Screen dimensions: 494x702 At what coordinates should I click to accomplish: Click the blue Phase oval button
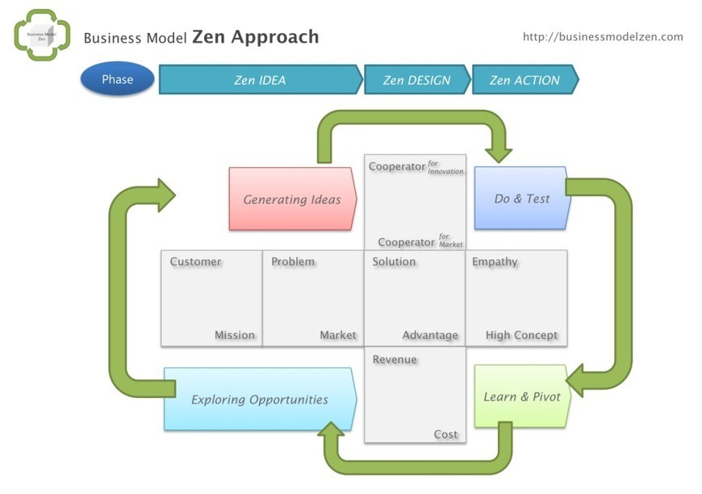(x=117, y=79)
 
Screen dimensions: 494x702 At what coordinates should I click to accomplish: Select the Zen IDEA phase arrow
(x=260, y=80)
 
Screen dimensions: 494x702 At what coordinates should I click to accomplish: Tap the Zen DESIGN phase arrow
(x=416, y=80)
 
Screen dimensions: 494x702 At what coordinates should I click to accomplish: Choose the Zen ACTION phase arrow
(x=524, y=80)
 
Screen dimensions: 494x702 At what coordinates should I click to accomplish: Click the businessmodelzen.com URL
(x=603, y=36)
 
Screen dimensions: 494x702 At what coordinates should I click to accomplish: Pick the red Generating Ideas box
(x=292, y=199)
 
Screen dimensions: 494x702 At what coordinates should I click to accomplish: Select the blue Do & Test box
(x=521, y=199)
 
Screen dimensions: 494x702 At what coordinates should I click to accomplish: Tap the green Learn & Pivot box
(x=522, y=396)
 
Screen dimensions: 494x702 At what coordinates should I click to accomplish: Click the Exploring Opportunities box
(x=259, y=400)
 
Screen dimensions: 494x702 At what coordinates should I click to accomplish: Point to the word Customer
(x=195, y=262)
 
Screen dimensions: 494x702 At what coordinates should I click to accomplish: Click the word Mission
(x=234, y=335)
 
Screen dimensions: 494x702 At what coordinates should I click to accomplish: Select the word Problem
(x=293, y=262)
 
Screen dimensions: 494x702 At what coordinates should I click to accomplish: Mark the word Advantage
(x=430, y=335)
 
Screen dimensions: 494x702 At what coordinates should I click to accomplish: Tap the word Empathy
(x=495, y=262)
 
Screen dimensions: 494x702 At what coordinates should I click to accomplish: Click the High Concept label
(x=521, y=335)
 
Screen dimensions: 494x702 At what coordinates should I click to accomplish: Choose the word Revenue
(x=395, y=359)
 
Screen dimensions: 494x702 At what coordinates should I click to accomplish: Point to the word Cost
(x=445, y=434)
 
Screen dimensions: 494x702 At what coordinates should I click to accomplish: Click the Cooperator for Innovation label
(x=416, y=167)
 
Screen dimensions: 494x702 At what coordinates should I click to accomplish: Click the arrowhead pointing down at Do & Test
(x=499, y=152)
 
